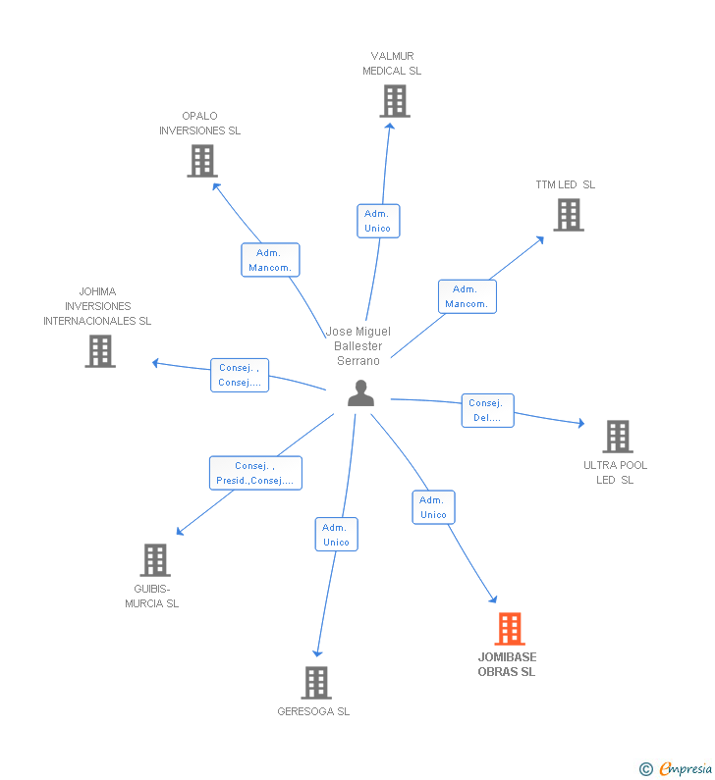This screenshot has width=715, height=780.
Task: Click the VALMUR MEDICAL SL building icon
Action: (394, 101)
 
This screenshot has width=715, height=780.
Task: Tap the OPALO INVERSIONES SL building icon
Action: (201, 161)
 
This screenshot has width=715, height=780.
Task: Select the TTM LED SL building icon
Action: (568, 215)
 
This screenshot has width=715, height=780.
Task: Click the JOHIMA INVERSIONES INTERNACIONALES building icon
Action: (99, 351)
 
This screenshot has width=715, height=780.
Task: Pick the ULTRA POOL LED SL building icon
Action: (617, 437)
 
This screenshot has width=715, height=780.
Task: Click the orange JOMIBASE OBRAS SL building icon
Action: (509, 629)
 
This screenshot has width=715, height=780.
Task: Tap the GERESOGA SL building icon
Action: (315, 683)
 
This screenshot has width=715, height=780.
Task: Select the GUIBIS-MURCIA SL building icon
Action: (154, 560)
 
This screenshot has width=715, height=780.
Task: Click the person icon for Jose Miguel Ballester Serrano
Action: (361, 393)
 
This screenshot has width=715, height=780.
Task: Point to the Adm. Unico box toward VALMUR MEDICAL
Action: (377, 221)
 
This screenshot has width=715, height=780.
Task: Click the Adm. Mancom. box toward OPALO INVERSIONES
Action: (270, 260)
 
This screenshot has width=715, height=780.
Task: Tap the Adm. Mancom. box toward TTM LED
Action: (467, 296)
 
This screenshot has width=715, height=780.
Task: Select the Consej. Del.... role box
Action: (487, 410)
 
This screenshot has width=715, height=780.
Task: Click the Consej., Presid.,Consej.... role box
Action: (255, 473)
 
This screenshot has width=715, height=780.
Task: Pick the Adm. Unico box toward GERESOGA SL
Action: (336, 535)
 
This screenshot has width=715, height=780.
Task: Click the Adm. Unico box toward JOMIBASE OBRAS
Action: (433, 507)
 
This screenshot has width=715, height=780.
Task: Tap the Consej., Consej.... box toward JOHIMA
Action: (240, 375)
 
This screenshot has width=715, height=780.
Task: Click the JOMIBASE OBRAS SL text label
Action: (507, 664)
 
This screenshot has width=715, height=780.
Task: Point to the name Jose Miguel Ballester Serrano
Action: (358, 346)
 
